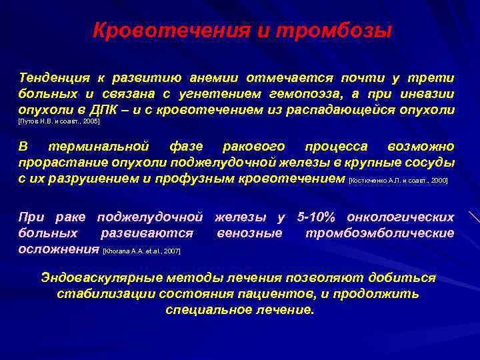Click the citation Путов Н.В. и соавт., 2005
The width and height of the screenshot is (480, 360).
click(x=60, y=123)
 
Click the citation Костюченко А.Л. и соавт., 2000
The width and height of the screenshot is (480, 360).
click(x=398, y=180)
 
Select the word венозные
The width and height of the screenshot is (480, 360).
click(x=249, y=233)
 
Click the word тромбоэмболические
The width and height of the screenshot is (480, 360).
click(x=379, y=233)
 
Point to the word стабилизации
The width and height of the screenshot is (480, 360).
click(x=101, y=293)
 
